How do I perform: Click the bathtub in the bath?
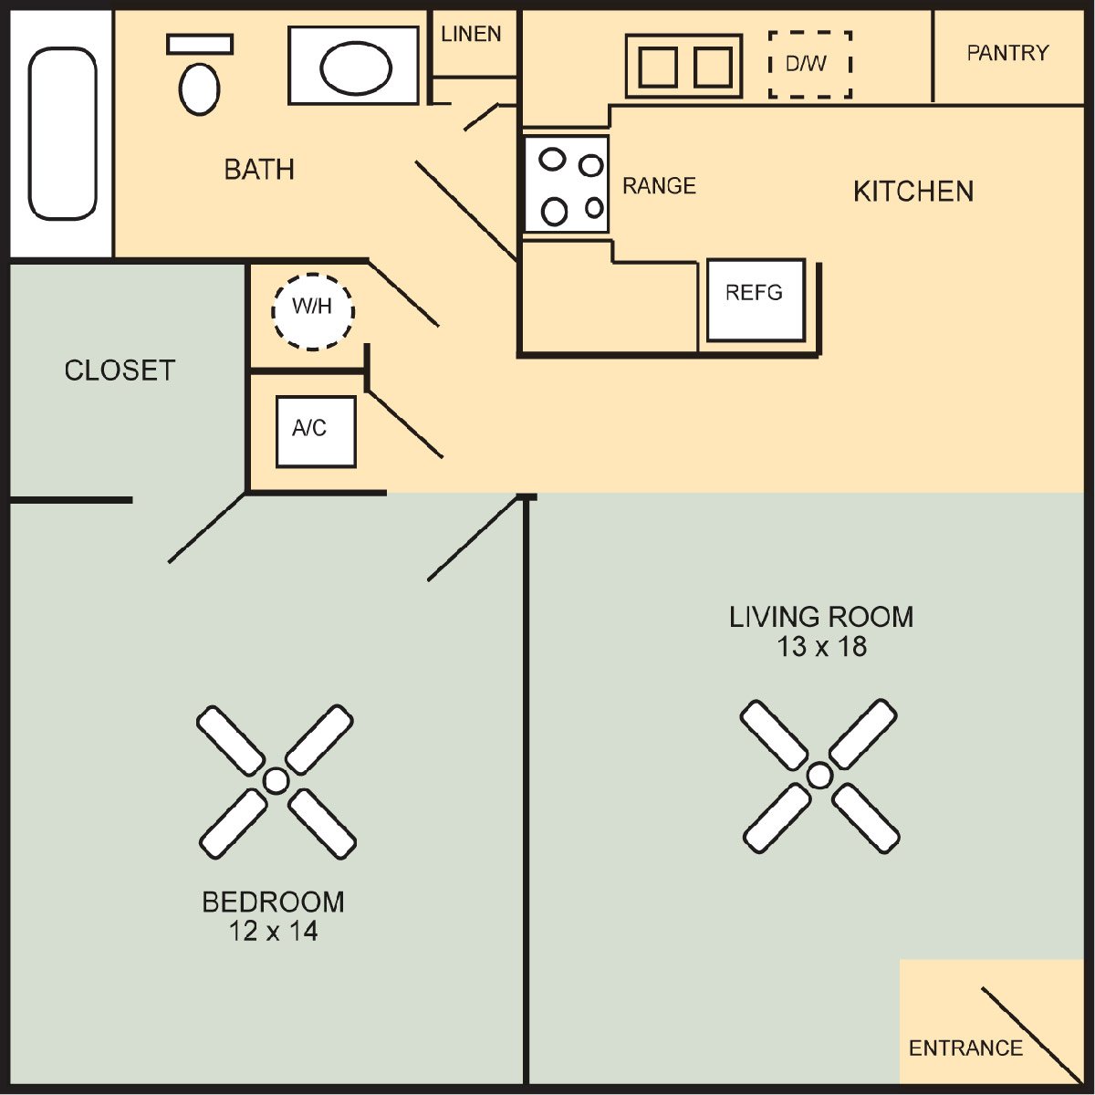62,133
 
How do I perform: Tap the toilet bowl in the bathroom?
199,88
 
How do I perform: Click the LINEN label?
471,35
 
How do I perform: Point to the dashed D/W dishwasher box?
809,64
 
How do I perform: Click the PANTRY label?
1007,53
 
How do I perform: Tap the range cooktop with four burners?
567,184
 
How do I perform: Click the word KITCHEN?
913,192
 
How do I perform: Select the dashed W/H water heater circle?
313,311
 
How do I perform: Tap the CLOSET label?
120,370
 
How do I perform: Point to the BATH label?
259,170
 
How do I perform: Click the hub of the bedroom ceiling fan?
276,781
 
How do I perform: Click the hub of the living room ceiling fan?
819,776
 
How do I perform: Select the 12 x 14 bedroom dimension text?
273,932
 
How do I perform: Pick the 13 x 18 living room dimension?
821,647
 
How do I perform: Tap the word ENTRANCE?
965,1048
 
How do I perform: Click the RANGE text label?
659,186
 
